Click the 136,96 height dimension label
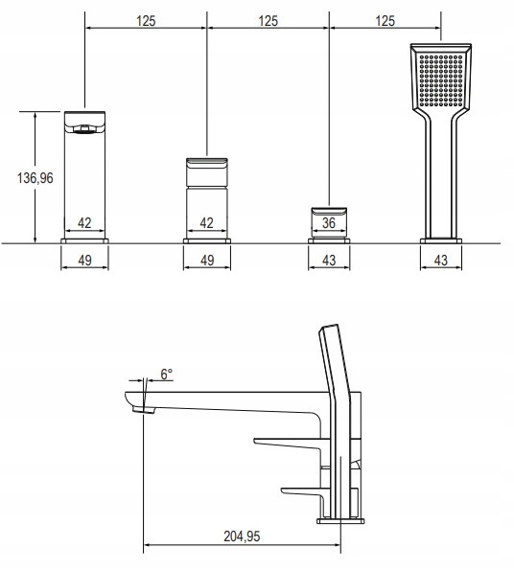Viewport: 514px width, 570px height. point(35,178)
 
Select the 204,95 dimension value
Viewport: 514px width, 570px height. point(242,536)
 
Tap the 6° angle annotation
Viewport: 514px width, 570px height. point(167,374)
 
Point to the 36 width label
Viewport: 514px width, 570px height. point(329,223)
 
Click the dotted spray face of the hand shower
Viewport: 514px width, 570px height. point(441,80)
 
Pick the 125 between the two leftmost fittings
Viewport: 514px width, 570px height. point(146,21)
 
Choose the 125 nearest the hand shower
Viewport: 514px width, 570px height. point(385,21)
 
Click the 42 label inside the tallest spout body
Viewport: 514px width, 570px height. point(84,223)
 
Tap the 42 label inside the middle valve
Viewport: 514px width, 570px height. point(206,223)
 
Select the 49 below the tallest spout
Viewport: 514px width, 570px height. point(84,261)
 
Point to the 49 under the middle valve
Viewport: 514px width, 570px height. point(207,261)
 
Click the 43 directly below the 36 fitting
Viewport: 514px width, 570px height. point(329,261)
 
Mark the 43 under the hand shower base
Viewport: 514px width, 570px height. point(441,261)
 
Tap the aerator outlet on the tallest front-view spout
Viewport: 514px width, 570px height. point(84,129)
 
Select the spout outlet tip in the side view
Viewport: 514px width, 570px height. point(143,410)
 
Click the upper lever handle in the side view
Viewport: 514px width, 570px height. point(288,443)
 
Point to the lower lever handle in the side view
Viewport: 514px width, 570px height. point(302,491)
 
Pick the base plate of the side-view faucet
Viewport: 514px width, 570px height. point(340,521)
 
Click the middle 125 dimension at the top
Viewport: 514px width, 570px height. point(269,21)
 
